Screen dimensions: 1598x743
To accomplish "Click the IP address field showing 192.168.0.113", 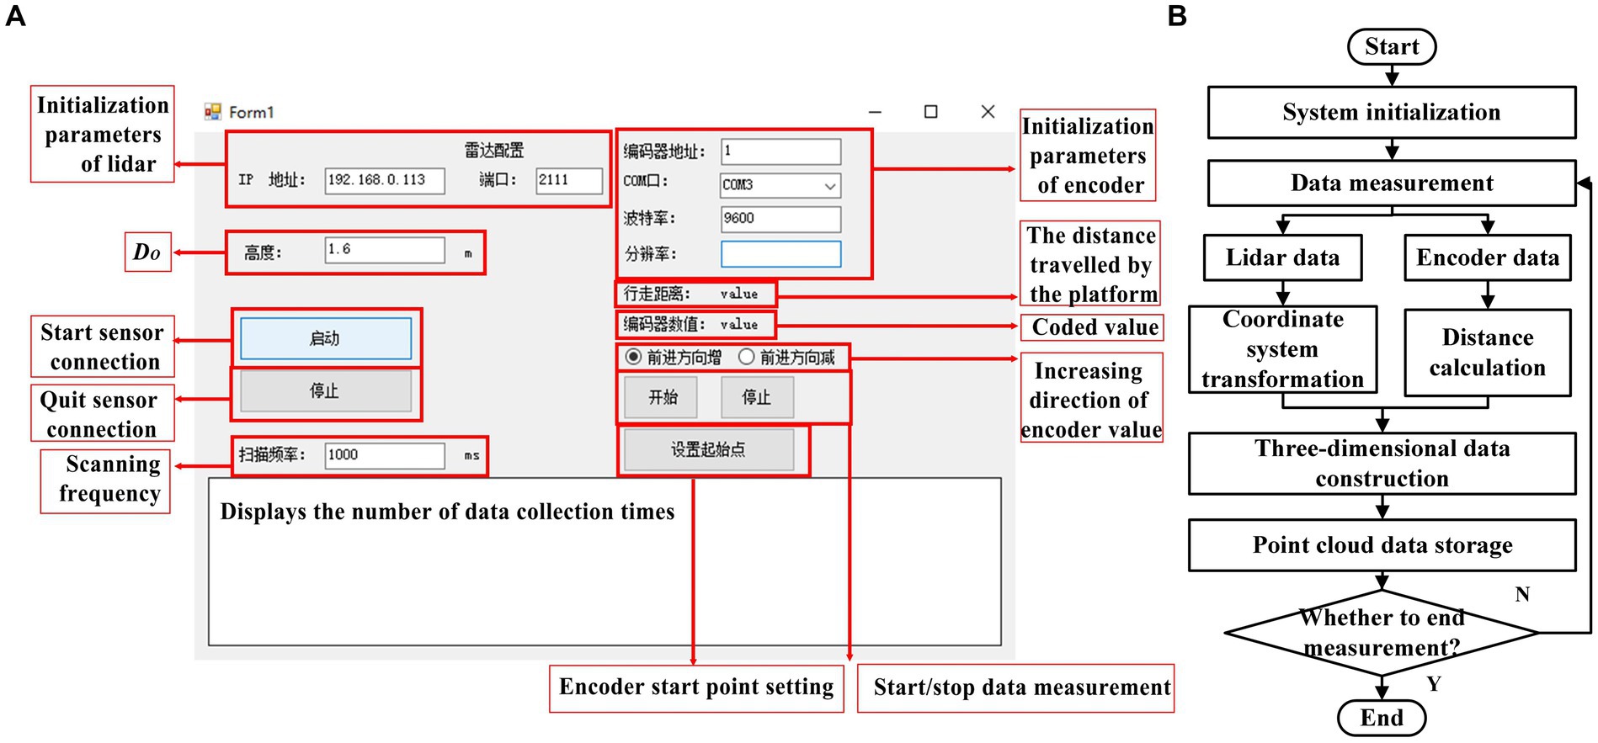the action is click(x=385, y=180).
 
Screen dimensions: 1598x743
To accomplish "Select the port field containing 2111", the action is click(x=569, y=180).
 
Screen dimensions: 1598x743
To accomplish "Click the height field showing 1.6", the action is click(x=385, y=250).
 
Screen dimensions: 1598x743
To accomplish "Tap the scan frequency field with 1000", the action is click(x=385, y=455).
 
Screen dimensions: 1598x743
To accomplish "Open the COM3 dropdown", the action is click(x=780, y=185).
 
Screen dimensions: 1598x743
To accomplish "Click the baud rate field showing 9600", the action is click(x=780, y=219).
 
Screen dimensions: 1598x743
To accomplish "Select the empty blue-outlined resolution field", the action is click(x=780, y=254).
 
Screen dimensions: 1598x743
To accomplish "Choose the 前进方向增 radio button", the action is click(x=633, y=358).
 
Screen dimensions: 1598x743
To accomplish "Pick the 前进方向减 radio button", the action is click(x=746, y=358).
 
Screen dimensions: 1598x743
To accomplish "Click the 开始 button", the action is click(x=661, y=397).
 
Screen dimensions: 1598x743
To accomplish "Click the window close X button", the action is click(x=988, y=112).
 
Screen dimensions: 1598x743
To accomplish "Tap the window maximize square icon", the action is click(x=930, y=112).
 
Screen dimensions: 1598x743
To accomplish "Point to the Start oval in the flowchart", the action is click(x=1392, y=47).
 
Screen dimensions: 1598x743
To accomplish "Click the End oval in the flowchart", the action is click(x=1382, y=718).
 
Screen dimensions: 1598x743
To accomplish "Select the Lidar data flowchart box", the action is click(x=1282, y=257).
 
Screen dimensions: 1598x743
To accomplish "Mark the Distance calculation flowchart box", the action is click(x=1487, y=353).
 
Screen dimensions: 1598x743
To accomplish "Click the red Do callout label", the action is click(x=147, y=252).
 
